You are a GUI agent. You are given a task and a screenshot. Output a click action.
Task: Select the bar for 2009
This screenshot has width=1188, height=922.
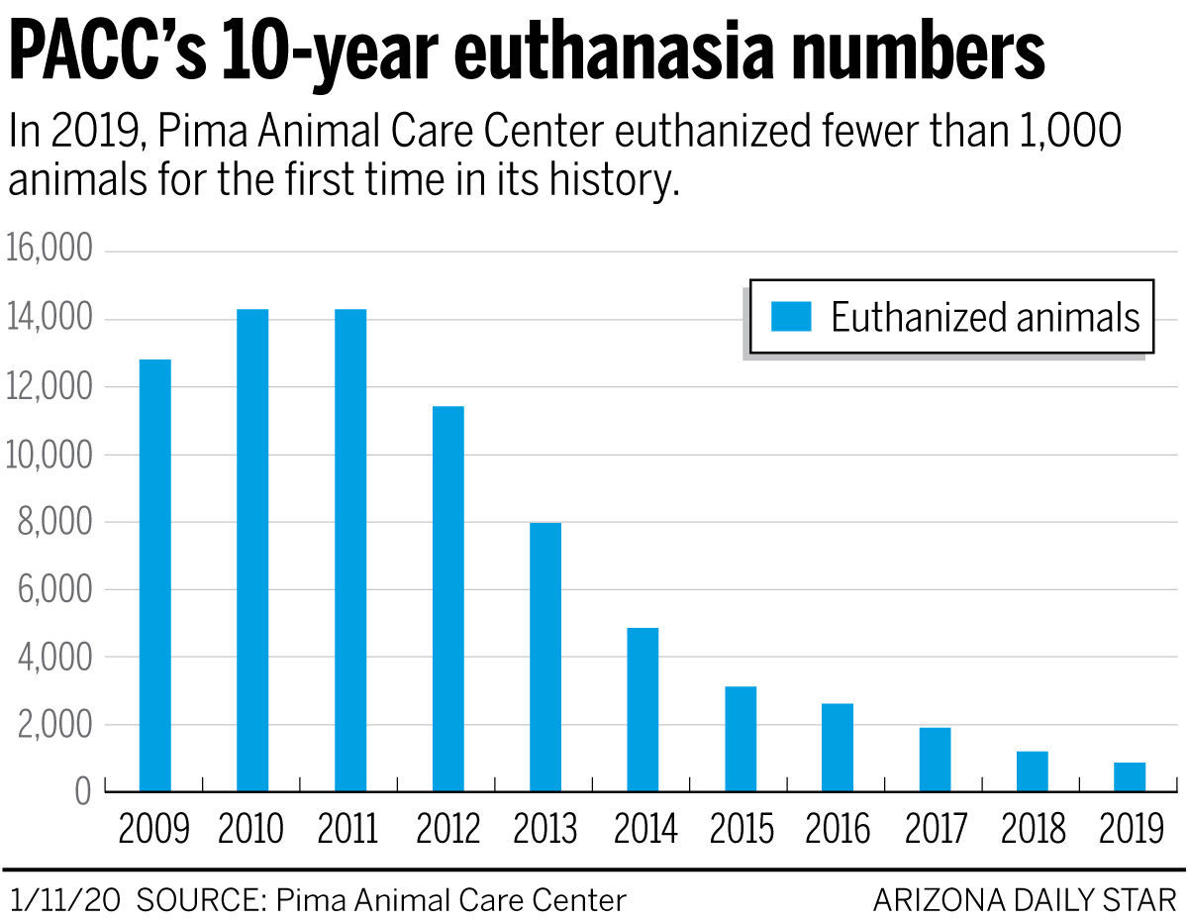154,575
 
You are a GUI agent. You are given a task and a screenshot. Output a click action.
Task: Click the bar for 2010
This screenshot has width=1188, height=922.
252,551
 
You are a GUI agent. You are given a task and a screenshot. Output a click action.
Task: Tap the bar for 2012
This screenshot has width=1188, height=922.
447,599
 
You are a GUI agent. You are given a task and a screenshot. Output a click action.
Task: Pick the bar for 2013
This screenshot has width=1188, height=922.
545,657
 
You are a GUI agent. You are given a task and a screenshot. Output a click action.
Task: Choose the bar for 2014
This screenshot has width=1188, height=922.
643,709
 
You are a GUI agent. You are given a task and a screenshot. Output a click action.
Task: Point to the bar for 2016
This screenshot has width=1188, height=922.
838,747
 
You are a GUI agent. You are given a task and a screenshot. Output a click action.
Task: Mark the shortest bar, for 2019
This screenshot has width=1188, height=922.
1130,776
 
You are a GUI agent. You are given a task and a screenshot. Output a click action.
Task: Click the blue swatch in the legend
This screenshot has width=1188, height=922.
791,317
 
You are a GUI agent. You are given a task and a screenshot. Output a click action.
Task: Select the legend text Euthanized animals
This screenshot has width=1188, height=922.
985,317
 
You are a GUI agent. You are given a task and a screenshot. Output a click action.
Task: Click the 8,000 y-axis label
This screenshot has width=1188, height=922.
54,522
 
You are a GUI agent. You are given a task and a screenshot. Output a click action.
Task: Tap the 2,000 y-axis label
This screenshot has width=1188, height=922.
54,725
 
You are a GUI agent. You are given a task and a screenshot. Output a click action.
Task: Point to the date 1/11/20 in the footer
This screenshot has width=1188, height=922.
65,899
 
